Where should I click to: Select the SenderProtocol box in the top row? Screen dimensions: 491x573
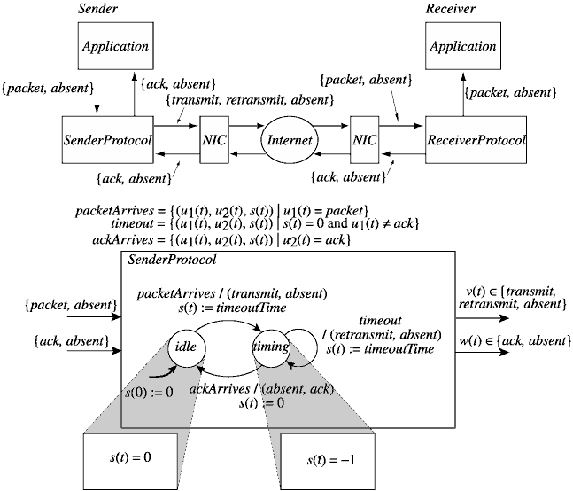(106, 139)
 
